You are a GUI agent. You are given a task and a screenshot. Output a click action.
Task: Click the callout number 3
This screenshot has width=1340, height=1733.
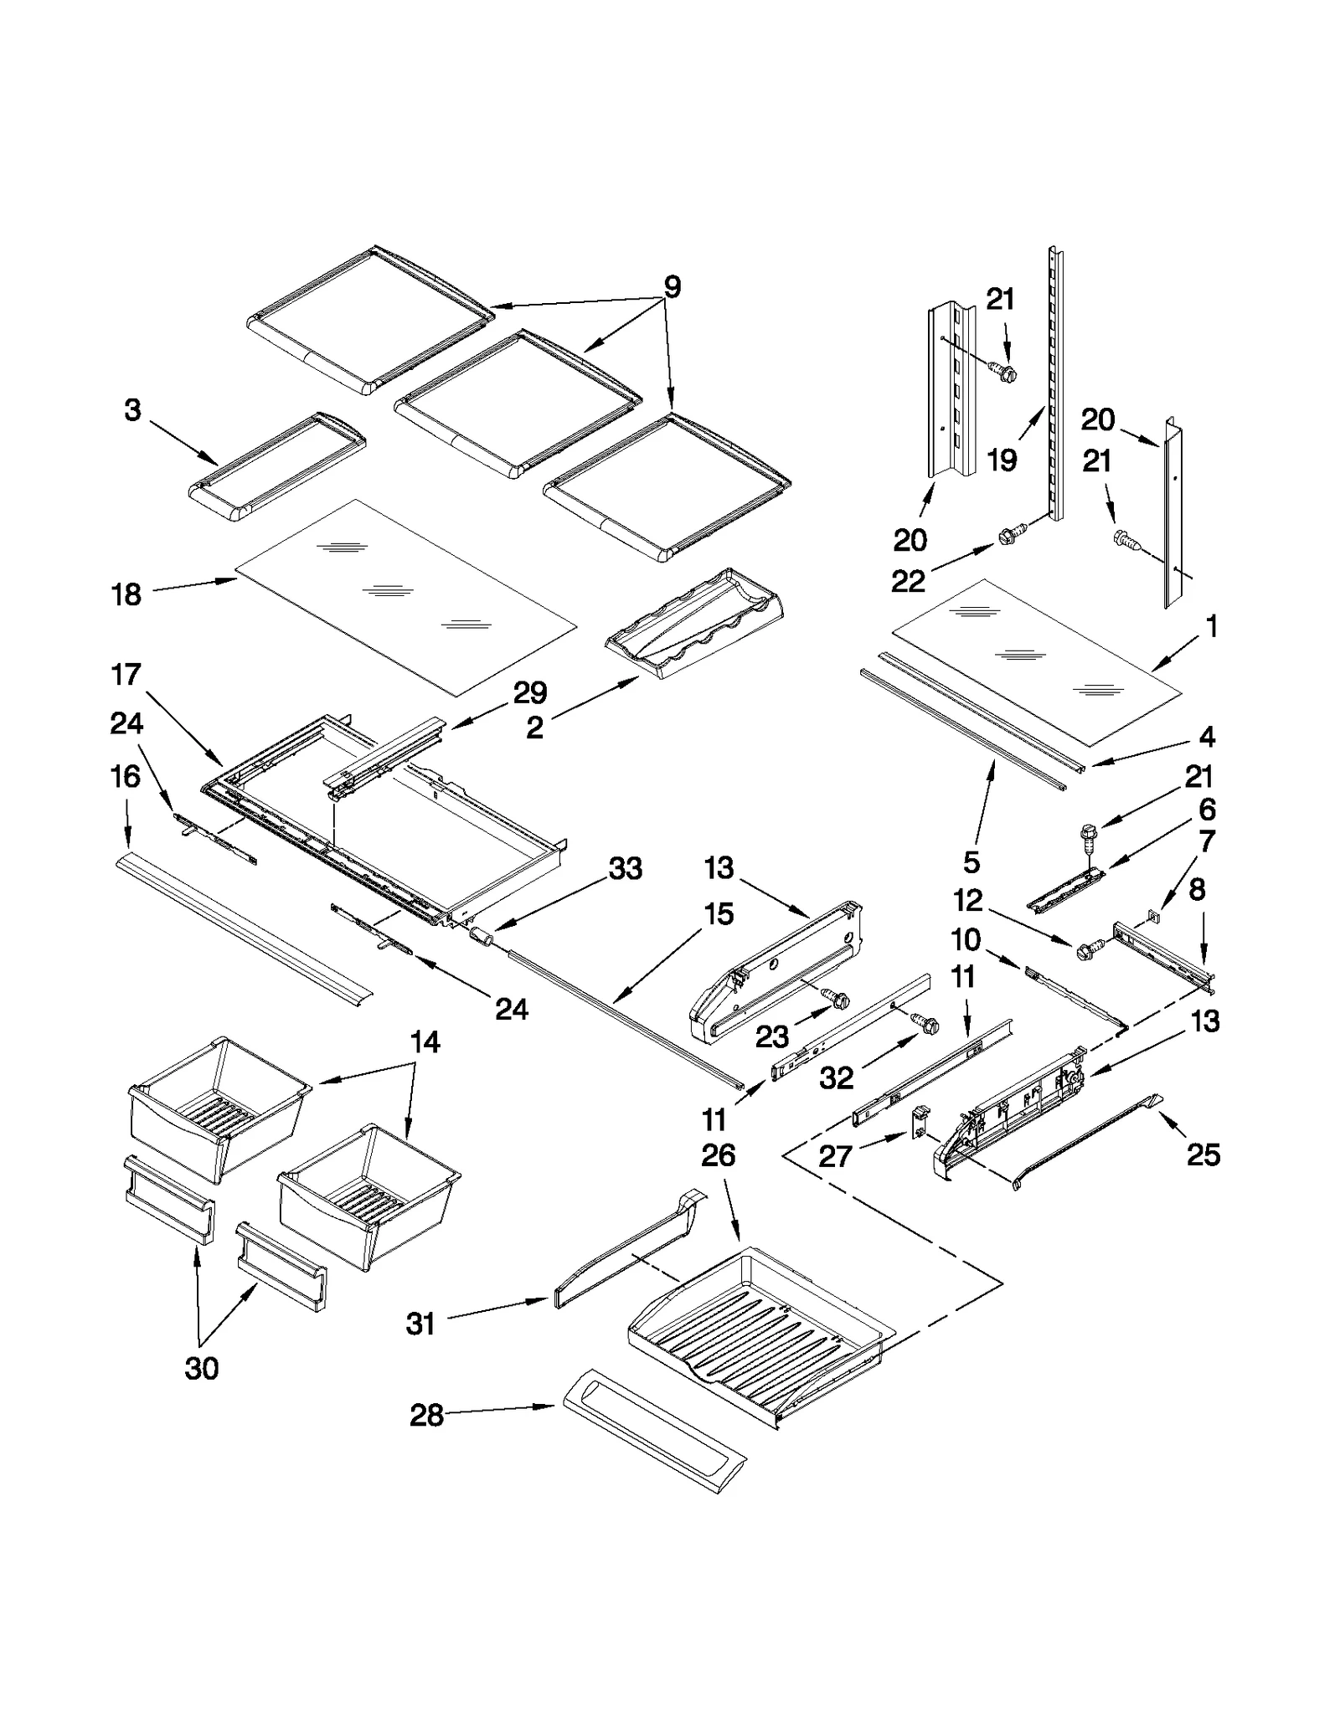pos(132,410)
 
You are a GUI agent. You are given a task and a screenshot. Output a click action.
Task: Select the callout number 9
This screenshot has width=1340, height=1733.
pos(672,287)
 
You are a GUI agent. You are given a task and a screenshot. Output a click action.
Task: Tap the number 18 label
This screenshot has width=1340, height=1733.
pos(126,595)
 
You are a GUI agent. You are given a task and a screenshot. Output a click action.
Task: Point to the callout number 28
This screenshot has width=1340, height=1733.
pos(426,1415)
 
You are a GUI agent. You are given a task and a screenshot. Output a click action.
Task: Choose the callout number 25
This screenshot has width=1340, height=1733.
pos(1203,1154)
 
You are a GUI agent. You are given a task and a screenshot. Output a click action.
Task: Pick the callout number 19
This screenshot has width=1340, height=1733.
pos(1002,459)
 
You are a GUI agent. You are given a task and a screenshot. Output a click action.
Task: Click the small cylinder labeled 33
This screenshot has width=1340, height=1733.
pos(481,935)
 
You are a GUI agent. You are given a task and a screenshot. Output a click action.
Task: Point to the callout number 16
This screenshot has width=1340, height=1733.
pos(126,777)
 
